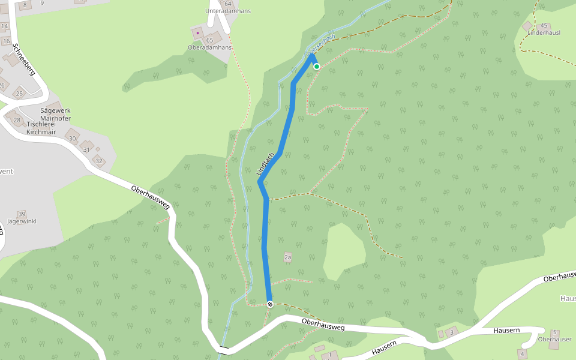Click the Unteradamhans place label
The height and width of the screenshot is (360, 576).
(x=227, y=11)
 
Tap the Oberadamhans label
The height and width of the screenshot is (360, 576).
(x=210, y=47)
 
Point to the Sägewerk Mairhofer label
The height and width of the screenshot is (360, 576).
(x=55, y=115)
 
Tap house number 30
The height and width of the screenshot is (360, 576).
(x=73, y=139)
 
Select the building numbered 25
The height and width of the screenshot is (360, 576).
(x=19, y=94)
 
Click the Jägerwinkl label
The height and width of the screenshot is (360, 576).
(x=22, y=221)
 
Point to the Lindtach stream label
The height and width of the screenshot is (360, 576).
(x=265, y=164)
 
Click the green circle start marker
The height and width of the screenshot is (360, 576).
(x=316, y=67)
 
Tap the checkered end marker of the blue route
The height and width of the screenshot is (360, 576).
(x=270, y=304)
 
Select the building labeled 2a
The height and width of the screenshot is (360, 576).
(x=287, y=257)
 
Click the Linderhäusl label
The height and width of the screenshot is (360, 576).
(x=544, y=33)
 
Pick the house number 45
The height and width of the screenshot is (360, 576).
(x=544, y=26)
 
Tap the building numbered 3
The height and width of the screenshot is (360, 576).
(x=452, y=332)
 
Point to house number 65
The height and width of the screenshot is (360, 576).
(x=210, y=40)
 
